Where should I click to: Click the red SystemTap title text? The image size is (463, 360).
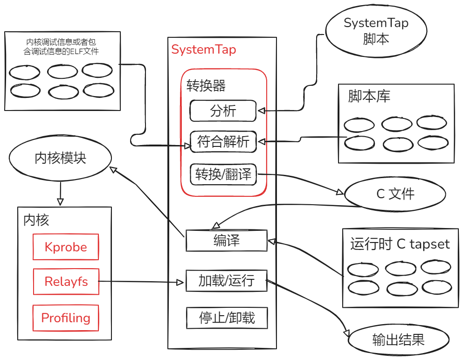point(204,49)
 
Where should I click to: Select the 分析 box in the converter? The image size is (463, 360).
point(223,111)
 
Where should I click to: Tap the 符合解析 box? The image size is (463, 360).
point(223,142)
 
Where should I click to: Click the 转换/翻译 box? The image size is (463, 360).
point(223,174)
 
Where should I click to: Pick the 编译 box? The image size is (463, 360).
point(226,240)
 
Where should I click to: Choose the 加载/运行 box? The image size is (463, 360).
point(226,281)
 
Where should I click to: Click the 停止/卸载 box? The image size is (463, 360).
point(227,318)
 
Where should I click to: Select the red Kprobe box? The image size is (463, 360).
point(66,247)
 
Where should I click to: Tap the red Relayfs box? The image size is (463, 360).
point(66,281)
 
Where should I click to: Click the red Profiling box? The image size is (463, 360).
point(66,318)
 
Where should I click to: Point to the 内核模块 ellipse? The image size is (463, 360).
point(61,159)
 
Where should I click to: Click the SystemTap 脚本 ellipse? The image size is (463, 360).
point(376,31)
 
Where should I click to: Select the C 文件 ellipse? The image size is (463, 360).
point(395,194)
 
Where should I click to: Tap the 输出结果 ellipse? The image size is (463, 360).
point(398,339)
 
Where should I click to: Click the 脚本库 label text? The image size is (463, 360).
point(369,96)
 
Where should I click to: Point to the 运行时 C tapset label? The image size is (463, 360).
point(400,244)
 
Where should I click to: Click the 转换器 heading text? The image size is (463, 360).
point(206,86)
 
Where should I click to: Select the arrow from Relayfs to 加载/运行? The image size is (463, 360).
point(140,282)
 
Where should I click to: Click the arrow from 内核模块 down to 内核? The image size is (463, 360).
point(60,193)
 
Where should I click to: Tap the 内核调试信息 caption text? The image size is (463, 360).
point(61,47)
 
